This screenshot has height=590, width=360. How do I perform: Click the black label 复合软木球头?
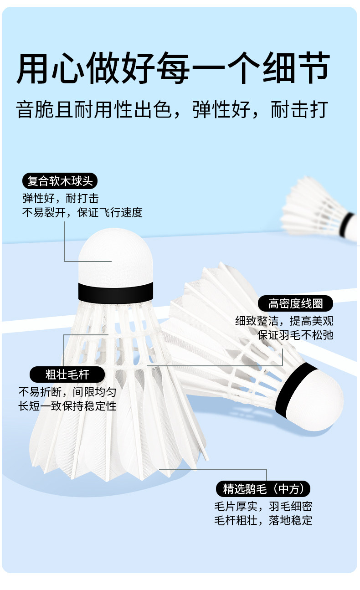coord(60,181)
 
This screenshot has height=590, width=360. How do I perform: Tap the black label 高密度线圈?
coord(295,303)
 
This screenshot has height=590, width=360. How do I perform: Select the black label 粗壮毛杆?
coord(67,375)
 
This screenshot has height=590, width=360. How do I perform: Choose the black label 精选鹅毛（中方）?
coord(263,489)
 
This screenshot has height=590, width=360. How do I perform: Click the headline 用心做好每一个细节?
coord(173,68)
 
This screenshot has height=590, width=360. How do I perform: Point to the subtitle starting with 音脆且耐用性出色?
coord(172,110)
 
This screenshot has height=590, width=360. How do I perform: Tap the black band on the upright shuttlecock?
coord(115,292)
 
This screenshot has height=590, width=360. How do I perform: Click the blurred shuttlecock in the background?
coord(319,207)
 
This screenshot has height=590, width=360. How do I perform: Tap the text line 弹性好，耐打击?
coord(60,199)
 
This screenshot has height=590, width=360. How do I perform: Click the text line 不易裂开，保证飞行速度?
coord(82,212)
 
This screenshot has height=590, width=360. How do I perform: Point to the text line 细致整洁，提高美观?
coord(284,321)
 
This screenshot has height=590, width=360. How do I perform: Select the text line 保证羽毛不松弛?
coord(295,335)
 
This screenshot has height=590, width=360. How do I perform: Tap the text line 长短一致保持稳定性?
coord(67,406)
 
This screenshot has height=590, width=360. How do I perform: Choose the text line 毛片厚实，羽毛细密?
coord(263,506)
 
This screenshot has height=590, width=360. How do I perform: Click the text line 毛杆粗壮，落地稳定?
coord(263,520)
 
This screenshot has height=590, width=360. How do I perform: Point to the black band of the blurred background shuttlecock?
coord(348,225)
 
